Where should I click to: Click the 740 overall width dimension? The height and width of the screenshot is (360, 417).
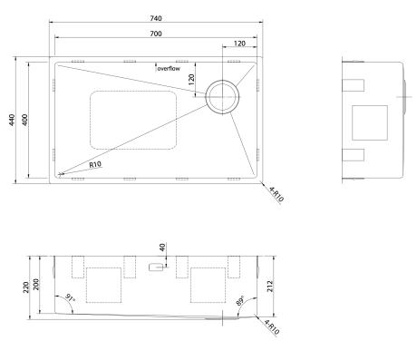pyautogui.click(x=156, y=18)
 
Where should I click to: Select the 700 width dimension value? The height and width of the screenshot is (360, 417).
pyautogui.click(x=156, y=34)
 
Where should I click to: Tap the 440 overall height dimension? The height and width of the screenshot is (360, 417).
pyautogui.click(x=12, y=120)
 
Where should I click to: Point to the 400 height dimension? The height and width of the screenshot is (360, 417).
pyautogui.click(x=24, y=120)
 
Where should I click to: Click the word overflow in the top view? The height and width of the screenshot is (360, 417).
pyautogui.click(x=169, y=69)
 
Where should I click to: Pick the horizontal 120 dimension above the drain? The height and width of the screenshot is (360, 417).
pyautogui.click(x=239, y=44)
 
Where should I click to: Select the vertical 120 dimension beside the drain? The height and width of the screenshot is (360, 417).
pyautogui.click(x=191, y=80)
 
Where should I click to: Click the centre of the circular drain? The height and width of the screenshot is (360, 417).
pyautogui.click(x=223, y=97)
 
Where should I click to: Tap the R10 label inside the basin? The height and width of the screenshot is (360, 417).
pyautogui.click(x=95, y=164)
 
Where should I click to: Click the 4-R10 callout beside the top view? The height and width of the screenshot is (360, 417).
pyautogui.click(x=276, y=195)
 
